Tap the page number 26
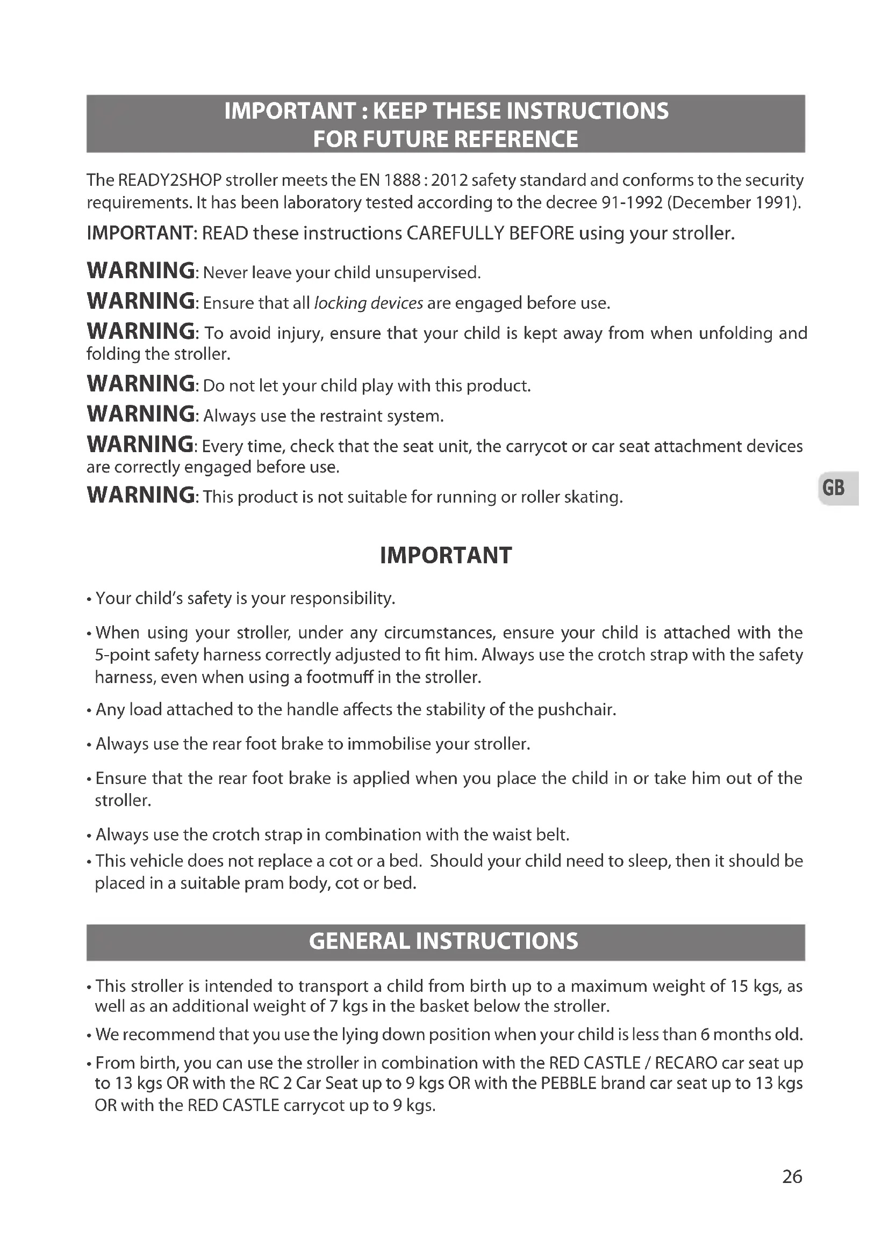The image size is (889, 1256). click(x=792, y=1176)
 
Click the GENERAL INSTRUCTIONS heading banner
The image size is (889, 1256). click(x=444, y=941)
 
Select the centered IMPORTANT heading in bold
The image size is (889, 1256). click(x=446, y=555)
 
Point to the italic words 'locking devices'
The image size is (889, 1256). click(x=368, y=303)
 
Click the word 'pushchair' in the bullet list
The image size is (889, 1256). click(x=576, y=709)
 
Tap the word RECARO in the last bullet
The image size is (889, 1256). click(x=686, y=1063)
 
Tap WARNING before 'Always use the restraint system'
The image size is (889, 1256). click(x=141, y=414)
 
